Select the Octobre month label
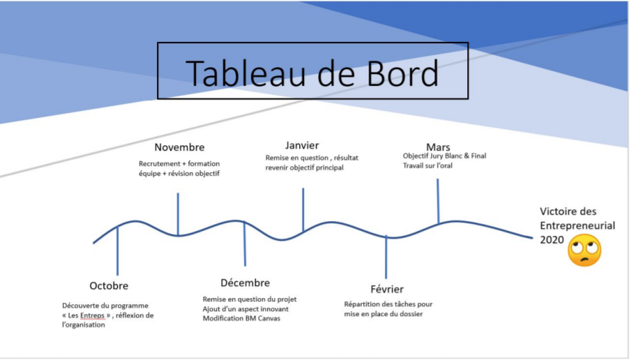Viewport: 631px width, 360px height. (x=109, y=286)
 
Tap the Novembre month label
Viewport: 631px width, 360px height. (x=179, y=147)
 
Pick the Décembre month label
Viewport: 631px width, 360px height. (x=245, y=283)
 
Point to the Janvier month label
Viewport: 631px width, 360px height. (x=302, y=145)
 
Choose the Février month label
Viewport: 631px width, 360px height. (x=387, y=289)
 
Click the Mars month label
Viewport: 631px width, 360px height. (x=438, y=147)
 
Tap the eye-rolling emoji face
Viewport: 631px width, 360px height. (x=584, y=250)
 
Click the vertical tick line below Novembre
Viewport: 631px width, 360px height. (x=178, y=213)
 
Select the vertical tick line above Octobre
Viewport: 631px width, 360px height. (x=118, y=251)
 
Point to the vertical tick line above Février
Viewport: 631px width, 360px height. (x=386, y=257)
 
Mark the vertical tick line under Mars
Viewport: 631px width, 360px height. (x=438, y=201)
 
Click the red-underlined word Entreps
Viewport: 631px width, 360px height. (x=92, y=315)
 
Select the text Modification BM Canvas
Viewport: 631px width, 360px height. (x=241, y=319)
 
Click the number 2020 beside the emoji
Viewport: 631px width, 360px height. (x=552, y=240)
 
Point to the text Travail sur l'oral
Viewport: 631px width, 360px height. (x=428, y=165)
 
